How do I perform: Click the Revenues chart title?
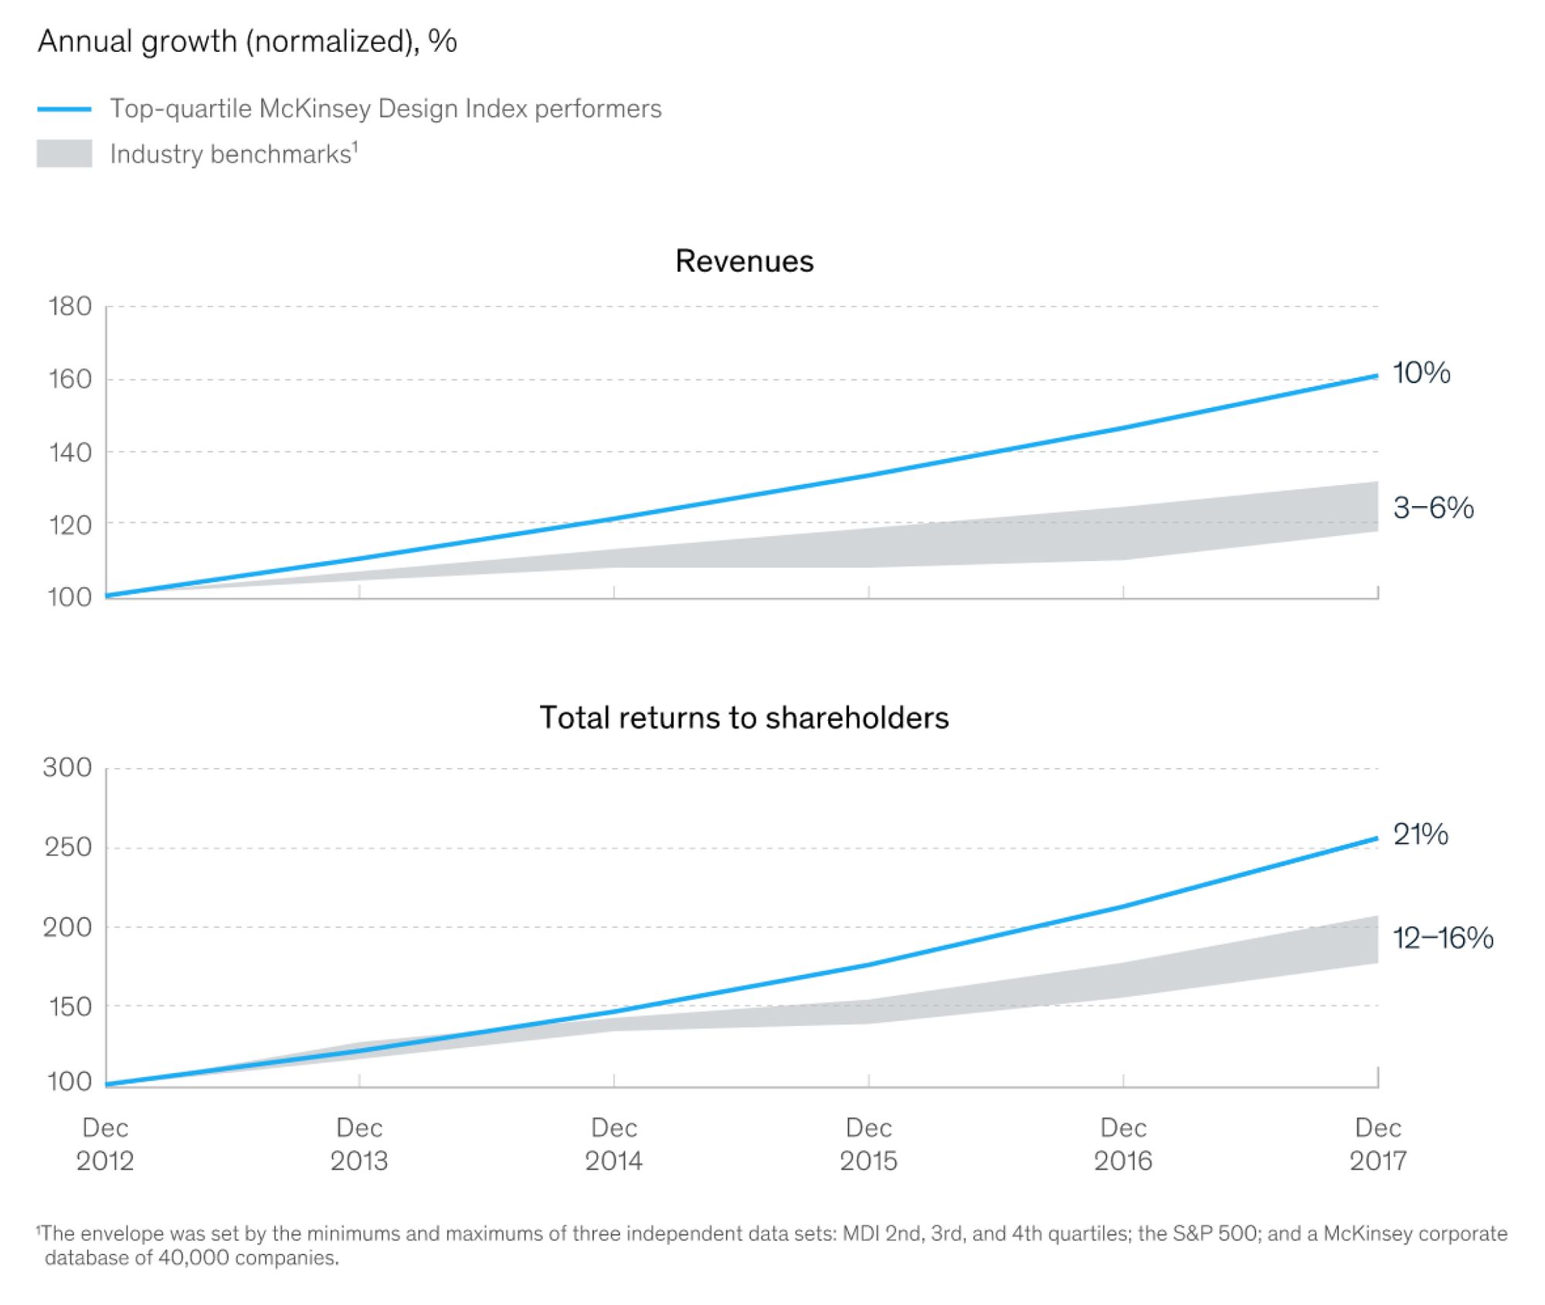point(744,261)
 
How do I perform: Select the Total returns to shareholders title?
point(744,718)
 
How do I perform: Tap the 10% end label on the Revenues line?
point(1421,373)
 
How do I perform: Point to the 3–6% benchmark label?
point(1433,508)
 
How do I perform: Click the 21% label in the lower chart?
point(1420,834)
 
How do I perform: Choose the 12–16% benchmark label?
point(1442,938)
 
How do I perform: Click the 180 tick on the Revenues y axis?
point(70,307)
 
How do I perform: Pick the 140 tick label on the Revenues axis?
point(70,452)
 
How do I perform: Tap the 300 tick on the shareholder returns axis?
point(68,767)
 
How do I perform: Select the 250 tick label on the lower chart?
point(68,848)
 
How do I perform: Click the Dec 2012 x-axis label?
point(105,1144)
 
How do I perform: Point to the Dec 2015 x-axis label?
point(868,1144)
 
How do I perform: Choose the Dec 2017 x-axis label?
point(1377,1144)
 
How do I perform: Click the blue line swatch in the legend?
point(64,110)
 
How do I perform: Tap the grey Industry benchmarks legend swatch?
point(64,154)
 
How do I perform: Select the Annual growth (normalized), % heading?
point(247,42)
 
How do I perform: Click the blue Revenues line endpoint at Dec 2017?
point(1376,376)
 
